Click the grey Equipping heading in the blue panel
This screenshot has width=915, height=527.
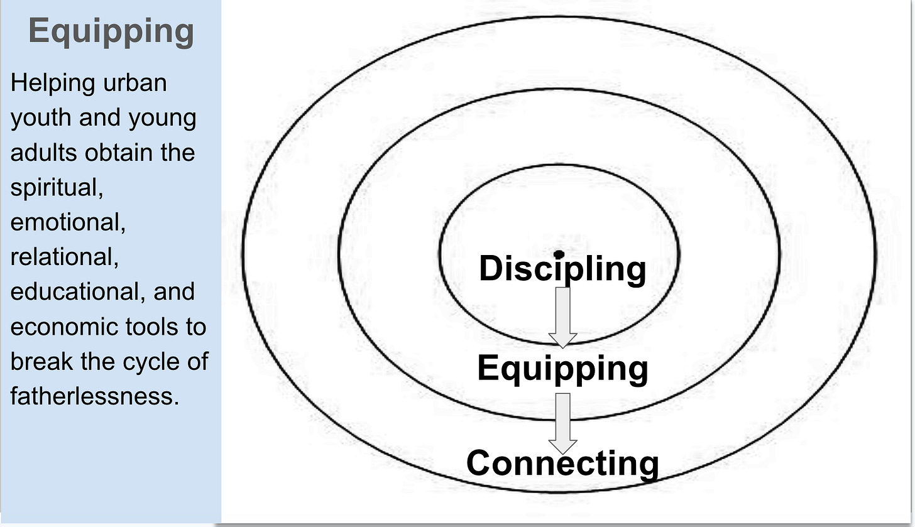tap(111, 32)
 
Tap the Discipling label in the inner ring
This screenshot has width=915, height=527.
tap(562, 269)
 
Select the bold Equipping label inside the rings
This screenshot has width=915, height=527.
tap(562, 369)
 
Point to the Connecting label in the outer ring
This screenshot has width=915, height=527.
tap(562, 464)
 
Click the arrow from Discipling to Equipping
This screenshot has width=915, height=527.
tap(562, 318)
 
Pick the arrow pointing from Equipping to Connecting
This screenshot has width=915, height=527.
tap(562, 424)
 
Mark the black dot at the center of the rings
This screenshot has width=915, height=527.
tap(559, 254)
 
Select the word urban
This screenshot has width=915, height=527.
tap(134, 83)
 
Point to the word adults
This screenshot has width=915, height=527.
tap(43, 153)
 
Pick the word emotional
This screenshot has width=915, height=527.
tap(68, 223)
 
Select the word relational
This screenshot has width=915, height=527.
tap(65, 258)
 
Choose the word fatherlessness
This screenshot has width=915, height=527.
tap(95, 396)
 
